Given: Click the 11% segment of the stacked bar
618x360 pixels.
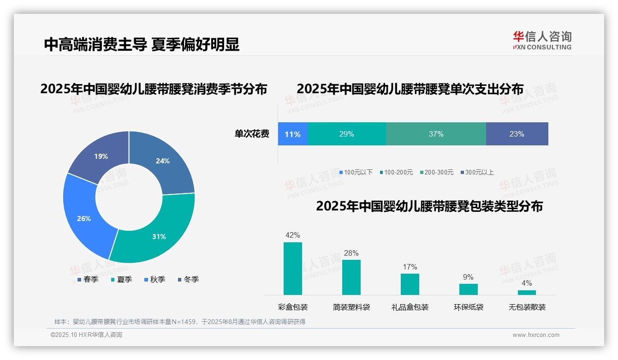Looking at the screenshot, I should pos(292,134).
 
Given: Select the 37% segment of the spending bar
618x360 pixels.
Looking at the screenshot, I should pos(436,134).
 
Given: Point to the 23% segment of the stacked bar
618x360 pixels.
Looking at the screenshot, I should pos(517,134).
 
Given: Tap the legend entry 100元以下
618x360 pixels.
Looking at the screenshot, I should pos(356,172).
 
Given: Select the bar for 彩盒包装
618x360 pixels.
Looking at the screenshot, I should pos(293,269).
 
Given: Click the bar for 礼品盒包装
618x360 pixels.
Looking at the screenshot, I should pos(410,284).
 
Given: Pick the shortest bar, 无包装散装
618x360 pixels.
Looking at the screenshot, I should pos(527,292).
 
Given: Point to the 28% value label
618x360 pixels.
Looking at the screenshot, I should pos(351,253).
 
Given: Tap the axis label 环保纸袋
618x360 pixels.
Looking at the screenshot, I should pos(469,307).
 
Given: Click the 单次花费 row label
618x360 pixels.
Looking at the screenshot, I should pos(252,134).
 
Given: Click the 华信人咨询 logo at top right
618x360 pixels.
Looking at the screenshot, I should pos(542,40).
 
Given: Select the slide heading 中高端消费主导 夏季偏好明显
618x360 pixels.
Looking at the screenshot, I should pos(142,44).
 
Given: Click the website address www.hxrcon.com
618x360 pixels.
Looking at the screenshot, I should pos(536,335).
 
